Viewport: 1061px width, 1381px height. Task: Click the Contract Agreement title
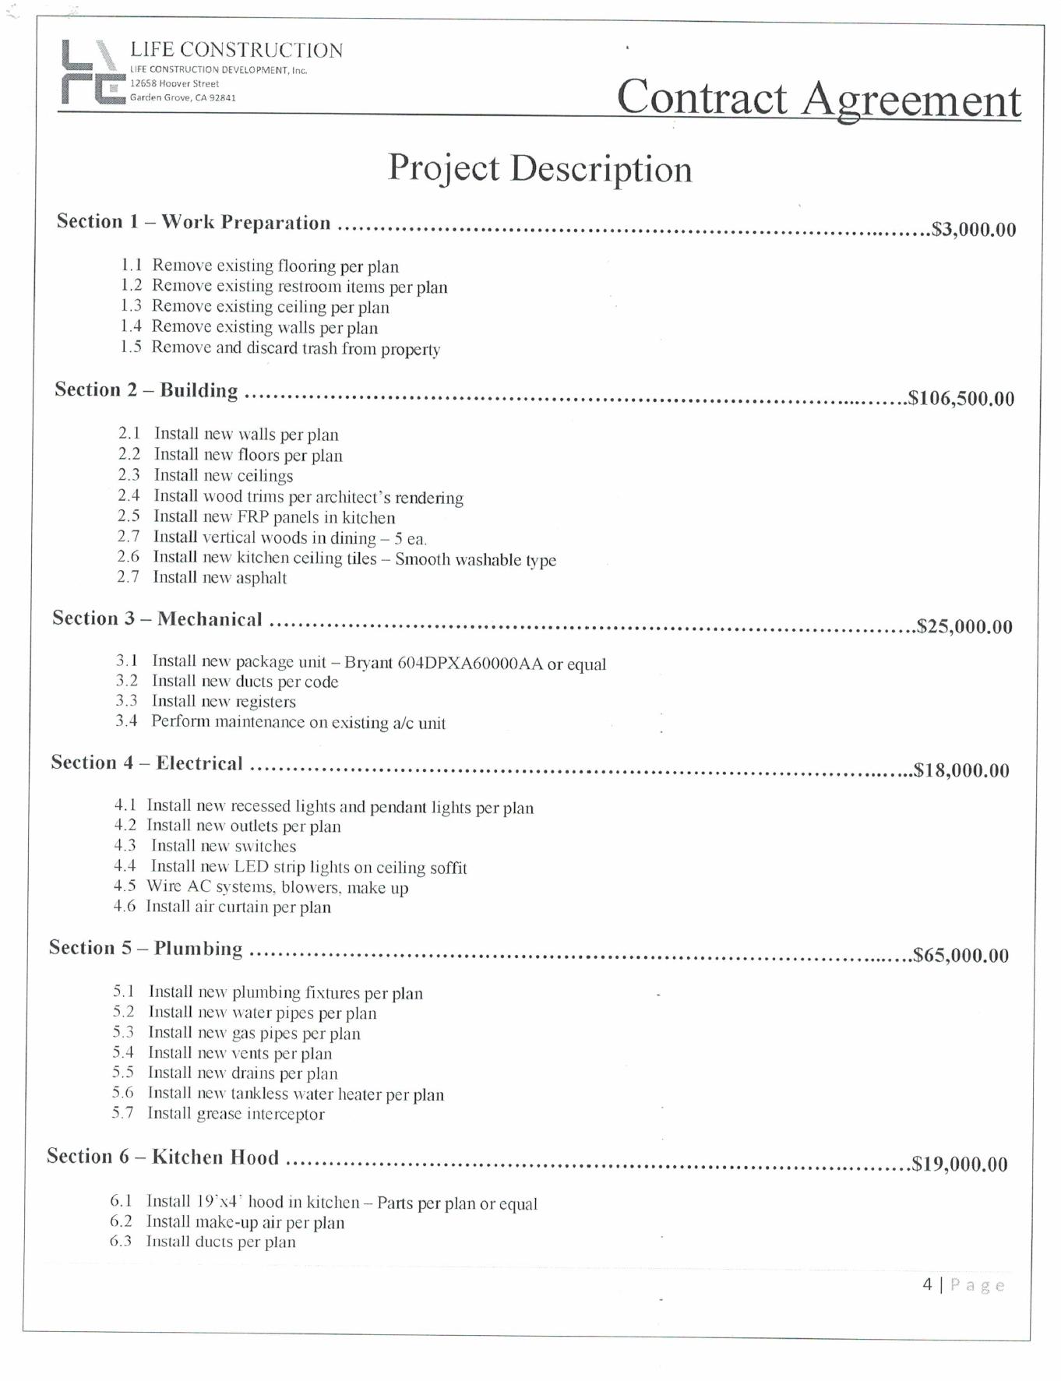pos(818,99)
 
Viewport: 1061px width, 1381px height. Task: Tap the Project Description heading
pos(540,168)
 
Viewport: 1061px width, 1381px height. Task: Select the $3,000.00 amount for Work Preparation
pos(974,230)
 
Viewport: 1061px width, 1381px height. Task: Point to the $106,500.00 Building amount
pos(961,399)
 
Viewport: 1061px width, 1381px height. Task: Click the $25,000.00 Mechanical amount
pos(964,627)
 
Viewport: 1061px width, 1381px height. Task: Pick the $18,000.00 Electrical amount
pos(961,771)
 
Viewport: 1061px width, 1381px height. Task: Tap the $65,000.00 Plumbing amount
pos(961,956)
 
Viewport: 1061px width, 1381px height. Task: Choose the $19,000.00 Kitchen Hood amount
pos(960,1164)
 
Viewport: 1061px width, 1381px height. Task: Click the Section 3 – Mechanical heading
pos(157,619)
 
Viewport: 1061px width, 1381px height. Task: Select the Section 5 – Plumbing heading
pos(146,948)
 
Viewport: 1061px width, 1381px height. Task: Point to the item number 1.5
pos(131,347)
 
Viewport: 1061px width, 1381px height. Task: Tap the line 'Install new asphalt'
pos(220,578)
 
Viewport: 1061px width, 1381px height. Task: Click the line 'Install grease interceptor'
pos(236,1114)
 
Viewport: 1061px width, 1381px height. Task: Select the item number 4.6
pos(125,907)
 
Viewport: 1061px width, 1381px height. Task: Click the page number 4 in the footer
pos(927,1284)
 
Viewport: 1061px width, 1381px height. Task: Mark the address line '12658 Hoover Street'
pos(174,83)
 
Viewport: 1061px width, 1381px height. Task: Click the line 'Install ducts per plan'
pos(221,1242)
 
